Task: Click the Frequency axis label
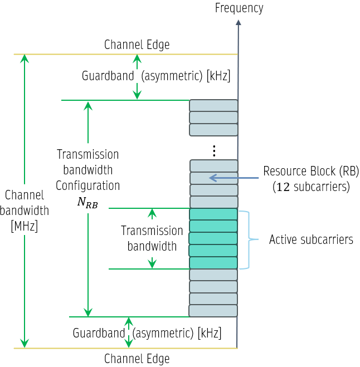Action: pos(239,8)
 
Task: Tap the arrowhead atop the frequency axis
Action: pos(238,23)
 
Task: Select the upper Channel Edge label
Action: pos(137,45)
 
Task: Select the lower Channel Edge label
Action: pos(137,358)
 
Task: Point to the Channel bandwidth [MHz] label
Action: pos(24,211)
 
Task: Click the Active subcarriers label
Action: pos(311,240)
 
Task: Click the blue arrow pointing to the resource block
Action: pos(234,178)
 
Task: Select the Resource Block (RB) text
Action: pos(311,172)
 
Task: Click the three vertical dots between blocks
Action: pos(214,150)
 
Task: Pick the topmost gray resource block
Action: pos(213,105)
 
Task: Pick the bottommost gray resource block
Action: pos(213,311)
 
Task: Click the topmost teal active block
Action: pos(213,214)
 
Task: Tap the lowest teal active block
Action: pos(213,263)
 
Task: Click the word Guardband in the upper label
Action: pos(108,76)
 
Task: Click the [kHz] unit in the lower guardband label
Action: pos(209,333)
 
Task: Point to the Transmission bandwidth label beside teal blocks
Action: pos(152,238)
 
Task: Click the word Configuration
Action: pos(87,185)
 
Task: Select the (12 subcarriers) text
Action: pos(311,187)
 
